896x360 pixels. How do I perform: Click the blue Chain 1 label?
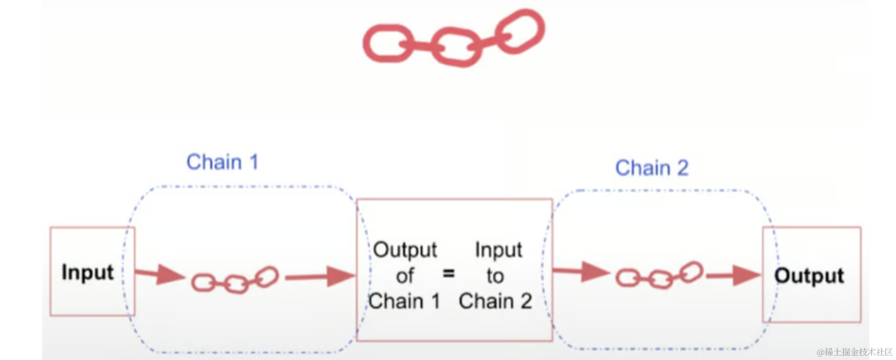(222, 162)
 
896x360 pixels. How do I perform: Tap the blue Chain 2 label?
(651, 168)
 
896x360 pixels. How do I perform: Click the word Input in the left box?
(88, 272)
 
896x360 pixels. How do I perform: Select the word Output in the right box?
(809, 275)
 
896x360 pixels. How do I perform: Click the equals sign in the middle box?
(449, 274)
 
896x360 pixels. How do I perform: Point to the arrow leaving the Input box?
(160, 274)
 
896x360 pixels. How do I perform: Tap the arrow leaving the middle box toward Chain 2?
(581, 272)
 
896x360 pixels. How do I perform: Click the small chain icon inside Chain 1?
(235, 280)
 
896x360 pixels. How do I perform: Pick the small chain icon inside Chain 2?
(659, 276)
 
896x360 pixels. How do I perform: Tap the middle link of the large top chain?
(457, 47)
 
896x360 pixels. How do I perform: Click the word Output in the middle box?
(405, 250)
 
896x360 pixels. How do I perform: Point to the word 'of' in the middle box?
(405, 276)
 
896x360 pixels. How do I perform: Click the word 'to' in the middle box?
(495, 276)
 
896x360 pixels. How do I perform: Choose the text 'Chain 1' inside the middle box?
(404, 301)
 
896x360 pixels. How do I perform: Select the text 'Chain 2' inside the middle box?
(495, 301)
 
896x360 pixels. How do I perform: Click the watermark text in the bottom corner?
(854, 352)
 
